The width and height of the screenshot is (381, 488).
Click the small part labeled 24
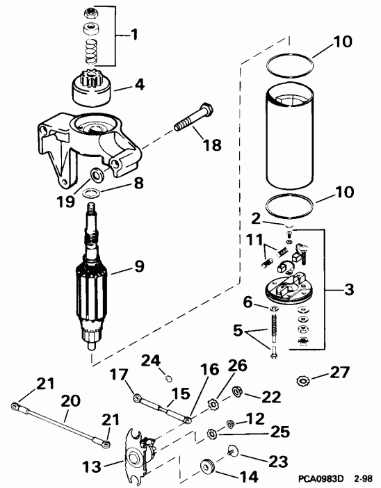click(170, 379)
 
